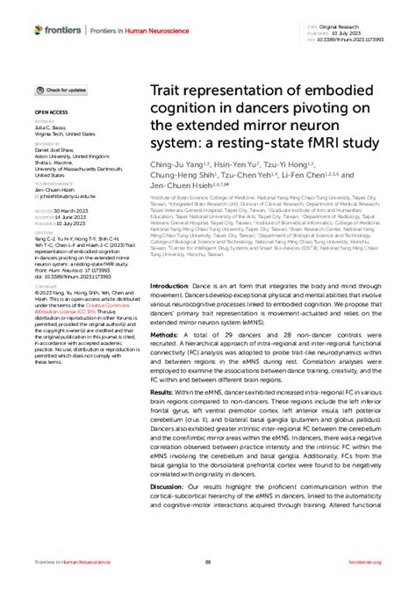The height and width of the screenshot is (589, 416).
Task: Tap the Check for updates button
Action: (61, 90)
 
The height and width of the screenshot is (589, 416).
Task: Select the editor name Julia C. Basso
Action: (52, 128)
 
